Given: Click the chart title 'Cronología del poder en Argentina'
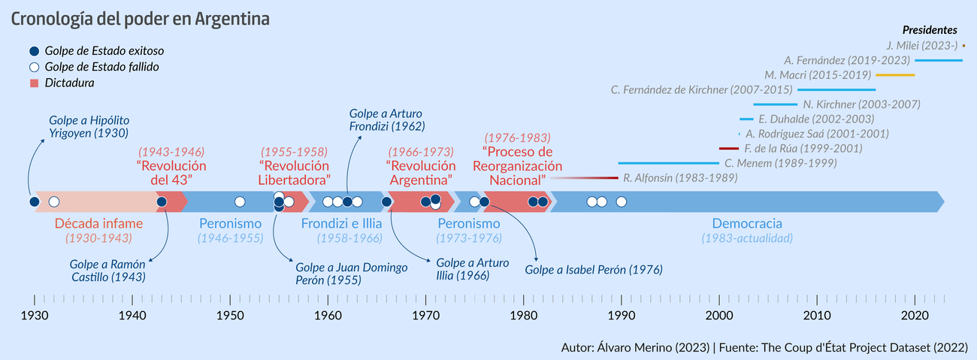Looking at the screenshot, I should click(x=140, y=20).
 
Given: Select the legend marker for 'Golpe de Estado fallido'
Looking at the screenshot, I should click(x=34, y=67).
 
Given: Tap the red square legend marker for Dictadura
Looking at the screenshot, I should click(x=34, y=83).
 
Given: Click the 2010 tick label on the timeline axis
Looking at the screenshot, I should click(x=817, y=316).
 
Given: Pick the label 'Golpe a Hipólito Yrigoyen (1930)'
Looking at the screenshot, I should click(x=89, y=126).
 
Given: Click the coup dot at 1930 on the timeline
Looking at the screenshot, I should click(x=34, y=201).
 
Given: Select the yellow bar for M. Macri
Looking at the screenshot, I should click(x=895, y=75).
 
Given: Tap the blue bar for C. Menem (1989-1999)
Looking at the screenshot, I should click(x=668, y=163).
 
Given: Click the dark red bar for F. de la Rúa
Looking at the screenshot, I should click(x=729, y=148).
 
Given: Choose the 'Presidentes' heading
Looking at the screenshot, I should click(x=929, y=30).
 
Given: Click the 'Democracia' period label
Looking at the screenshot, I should click(x=747, y=223).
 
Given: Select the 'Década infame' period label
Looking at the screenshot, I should click(x=98, y=223).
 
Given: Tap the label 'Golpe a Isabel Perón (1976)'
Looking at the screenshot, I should click(x=594, y=269).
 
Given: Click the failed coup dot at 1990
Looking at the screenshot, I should click(x=621, y=201).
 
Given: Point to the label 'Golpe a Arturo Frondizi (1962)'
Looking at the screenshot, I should click(x=387, y=119).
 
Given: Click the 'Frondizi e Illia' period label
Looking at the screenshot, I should click(x=341, y=223).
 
